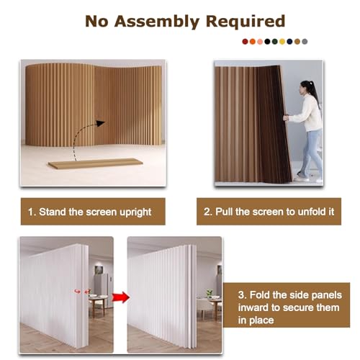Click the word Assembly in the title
157,22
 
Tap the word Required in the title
246,21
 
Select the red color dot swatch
245,42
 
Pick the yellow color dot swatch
282,42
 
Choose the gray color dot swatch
305,42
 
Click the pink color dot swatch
260,42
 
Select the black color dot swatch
267,42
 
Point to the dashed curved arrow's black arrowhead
100,123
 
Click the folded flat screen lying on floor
95,163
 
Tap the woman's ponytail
314,92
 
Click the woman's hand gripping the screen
286,118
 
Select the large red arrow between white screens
121,297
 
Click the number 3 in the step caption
241,295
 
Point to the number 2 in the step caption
207,212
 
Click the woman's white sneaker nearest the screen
301,179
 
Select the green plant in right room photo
210,293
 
